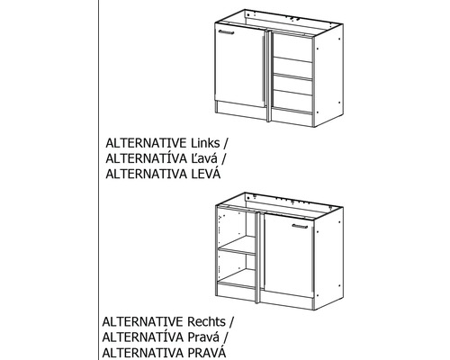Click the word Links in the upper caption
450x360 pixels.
[205, 143]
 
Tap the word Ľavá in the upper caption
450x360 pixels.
[204, 158]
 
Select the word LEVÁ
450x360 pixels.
[205, 174]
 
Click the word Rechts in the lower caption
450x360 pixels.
[206, 321]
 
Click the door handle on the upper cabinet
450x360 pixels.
[226, 32]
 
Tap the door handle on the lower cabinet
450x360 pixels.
[300, 226]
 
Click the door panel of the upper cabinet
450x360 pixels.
[240, 66]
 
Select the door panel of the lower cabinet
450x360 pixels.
[288, 256]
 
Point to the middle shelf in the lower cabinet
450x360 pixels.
[237, 250]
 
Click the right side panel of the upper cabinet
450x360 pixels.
[328, 75]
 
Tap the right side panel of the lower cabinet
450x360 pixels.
[328, 258]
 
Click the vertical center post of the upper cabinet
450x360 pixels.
[269, 76]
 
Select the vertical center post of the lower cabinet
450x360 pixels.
[257, 258]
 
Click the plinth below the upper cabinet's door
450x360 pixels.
[241, 111]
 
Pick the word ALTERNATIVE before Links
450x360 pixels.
[146, 143]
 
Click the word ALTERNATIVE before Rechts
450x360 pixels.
[142, 321]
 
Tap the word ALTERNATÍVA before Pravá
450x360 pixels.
[142, 337]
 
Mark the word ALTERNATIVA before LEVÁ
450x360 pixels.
[146, 174]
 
